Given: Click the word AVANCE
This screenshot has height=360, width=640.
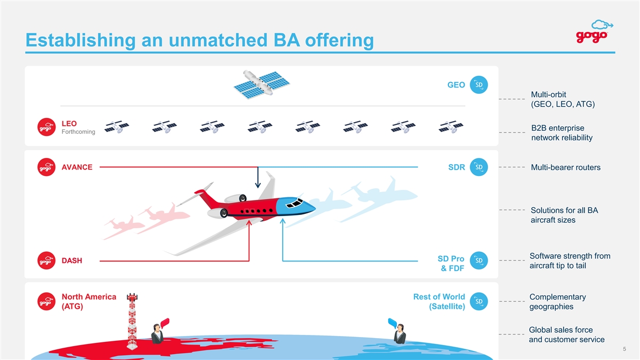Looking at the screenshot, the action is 77,167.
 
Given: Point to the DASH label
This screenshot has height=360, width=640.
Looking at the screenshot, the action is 72,261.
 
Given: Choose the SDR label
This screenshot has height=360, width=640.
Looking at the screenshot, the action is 457,167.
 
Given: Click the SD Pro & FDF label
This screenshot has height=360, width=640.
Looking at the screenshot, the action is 451,263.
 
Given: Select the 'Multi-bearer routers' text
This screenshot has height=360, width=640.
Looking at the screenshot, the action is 565,167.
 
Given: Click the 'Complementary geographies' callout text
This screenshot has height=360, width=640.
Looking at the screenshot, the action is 557,302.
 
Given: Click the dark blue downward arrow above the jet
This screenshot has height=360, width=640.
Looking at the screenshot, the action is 258,178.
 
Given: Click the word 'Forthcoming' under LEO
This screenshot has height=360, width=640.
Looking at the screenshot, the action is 78,132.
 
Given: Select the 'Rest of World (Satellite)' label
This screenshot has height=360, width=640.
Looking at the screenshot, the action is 439,302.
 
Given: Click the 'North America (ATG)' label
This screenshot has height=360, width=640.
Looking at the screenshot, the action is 89,302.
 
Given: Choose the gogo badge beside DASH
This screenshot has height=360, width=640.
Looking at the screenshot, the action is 47,260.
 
